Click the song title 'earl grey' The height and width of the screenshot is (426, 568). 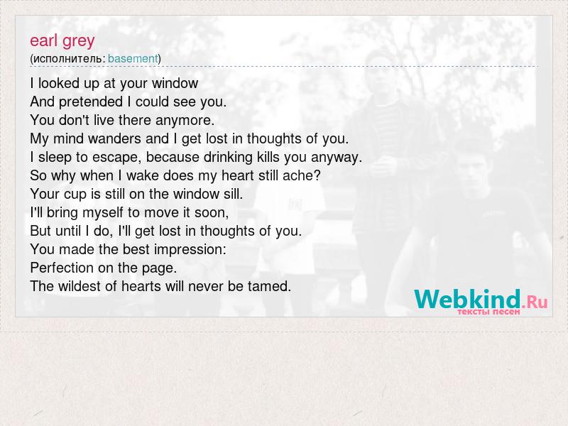(x=62, y=41)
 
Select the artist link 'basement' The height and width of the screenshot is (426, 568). (x=133, y=59)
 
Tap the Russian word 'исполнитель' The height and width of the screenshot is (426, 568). (x=67, y=59)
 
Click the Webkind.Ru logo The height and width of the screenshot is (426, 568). (x=481, y=299)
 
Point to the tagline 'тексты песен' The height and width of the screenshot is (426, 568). (x=488, y=312)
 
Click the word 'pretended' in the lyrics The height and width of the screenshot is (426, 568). (x=91, y=102)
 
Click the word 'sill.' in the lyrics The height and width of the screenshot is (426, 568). (x=234, y=194)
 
